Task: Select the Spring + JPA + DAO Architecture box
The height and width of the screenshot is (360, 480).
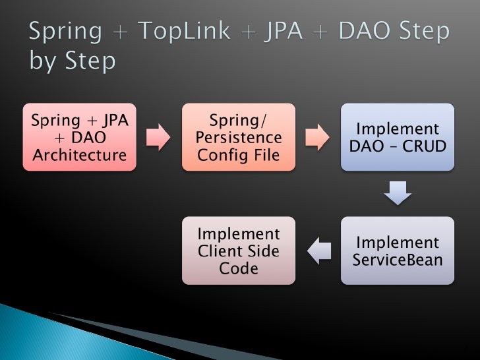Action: (79, 137)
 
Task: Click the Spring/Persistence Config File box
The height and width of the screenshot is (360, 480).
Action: (239, 137)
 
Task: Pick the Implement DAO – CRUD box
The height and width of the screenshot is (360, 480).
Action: (397, 137)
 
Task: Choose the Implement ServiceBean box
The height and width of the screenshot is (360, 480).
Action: (397, 251)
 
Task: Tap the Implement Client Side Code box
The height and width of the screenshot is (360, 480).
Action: (239, 251)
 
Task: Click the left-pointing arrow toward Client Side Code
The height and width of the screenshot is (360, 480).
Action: (318, 250)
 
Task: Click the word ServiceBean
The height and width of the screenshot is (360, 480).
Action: (397, 259)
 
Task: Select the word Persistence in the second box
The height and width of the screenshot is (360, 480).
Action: (239, 138)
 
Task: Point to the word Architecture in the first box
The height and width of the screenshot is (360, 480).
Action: (79, 155)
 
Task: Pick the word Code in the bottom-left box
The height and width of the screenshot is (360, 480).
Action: (239, 268)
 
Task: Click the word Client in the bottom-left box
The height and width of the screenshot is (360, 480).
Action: (222, 251)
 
